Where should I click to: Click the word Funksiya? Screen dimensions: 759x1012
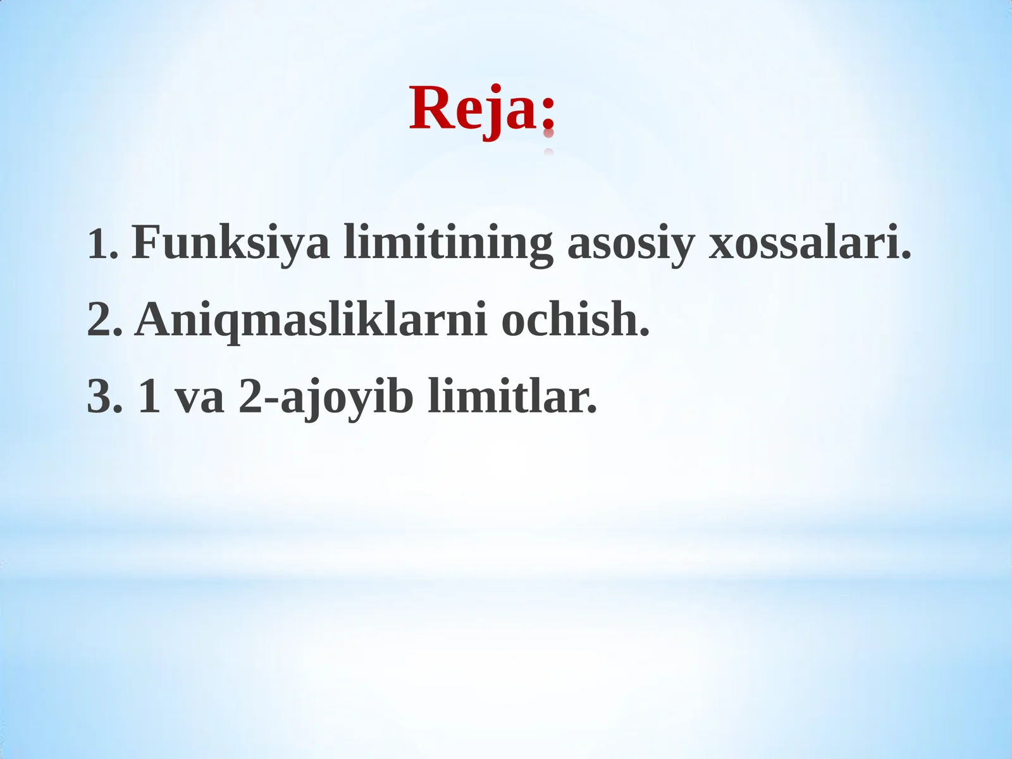(x=230, y=242)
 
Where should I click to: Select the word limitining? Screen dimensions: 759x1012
(x=448, y=244)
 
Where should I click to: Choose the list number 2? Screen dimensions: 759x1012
(x=101, y=320)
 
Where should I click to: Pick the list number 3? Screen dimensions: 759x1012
(x=101, y=397)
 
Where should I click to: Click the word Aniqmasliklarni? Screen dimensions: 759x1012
(x=311, y=320)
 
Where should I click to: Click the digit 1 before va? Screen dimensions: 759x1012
(x=149, y=397)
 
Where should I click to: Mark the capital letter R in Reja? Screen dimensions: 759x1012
(x=428, y=109)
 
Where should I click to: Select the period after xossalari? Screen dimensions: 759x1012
(x=906, y=256)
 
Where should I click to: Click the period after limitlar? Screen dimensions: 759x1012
(x=592, y=410)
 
